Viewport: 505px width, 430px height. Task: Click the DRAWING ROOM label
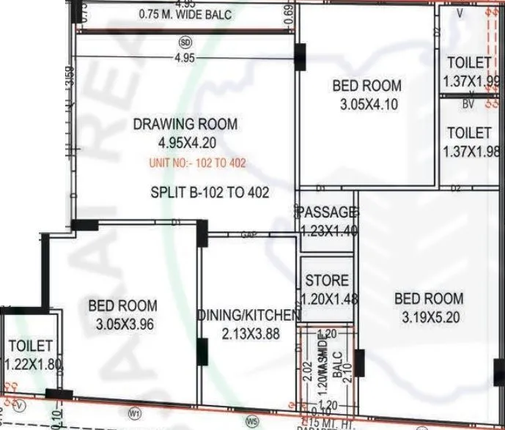point(185,125)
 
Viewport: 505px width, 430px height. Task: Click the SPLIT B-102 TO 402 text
point(210,193)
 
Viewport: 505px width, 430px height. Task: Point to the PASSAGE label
point(328,212)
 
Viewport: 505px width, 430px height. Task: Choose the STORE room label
point(327,281)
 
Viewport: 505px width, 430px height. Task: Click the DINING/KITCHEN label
point(249,315)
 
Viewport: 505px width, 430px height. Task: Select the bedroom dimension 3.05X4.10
point(369,105)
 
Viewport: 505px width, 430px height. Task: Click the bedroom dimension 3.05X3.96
point(125,324)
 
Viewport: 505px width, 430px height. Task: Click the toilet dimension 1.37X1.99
point(472,81)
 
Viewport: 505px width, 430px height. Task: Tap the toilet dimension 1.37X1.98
point(472,152)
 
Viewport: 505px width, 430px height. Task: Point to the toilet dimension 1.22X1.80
point(32,363)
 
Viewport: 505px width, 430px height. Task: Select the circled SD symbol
point(185,42)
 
